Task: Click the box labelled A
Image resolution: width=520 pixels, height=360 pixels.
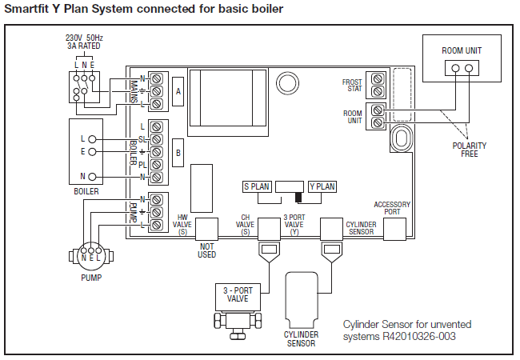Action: click(x=178, y=91)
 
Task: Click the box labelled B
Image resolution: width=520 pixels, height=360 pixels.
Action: click(x=178, y=153)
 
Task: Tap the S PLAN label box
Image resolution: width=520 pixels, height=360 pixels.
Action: click(x=257, y=186)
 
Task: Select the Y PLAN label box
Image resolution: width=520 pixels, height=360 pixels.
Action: click(x=322, y=186)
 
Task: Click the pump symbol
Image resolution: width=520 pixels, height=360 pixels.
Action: click(x=91, y=255)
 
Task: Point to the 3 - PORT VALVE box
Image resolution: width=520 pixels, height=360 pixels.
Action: click(x=238, y=294)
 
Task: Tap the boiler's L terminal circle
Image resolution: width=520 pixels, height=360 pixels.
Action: click(x=92, y=139)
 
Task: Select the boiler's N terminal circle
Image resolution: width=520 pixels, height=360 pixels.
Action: click(x=92, y=177)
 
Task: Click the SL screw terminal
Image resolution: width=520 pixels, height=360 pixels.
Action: click(x=156, y=139)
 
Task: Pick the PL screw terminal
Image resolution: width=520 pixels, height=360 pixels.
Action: click(x=156, y=165)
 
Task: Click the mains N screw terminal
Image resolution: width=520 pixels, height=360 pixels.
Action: click(x=156, y=78)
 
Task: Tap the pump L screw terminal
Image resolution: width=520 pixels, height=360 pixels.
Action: click(x=156, y=225)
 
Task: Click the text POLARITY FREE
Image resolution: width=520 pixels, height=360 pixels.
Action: click(x=470, y=150)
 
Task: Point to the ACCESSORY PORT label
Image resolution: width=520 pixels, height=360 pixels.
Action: click(x=392, y=208)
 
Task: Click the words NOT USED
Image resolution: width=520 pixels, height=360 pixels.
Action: click(x=206, y=250)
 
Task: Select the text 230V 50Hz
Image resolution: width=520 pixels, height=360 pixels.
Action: click(x=84, y=38)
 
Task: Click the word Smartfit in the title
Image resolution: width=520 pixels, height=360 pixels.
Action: click(x=26, y=9)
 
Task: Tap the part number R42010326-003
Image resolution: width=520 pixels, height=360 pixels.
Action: click(x=419, y=337)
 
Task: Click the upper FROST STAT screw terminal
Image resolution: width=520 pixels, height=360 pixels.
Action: click(x=378, y=79)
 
